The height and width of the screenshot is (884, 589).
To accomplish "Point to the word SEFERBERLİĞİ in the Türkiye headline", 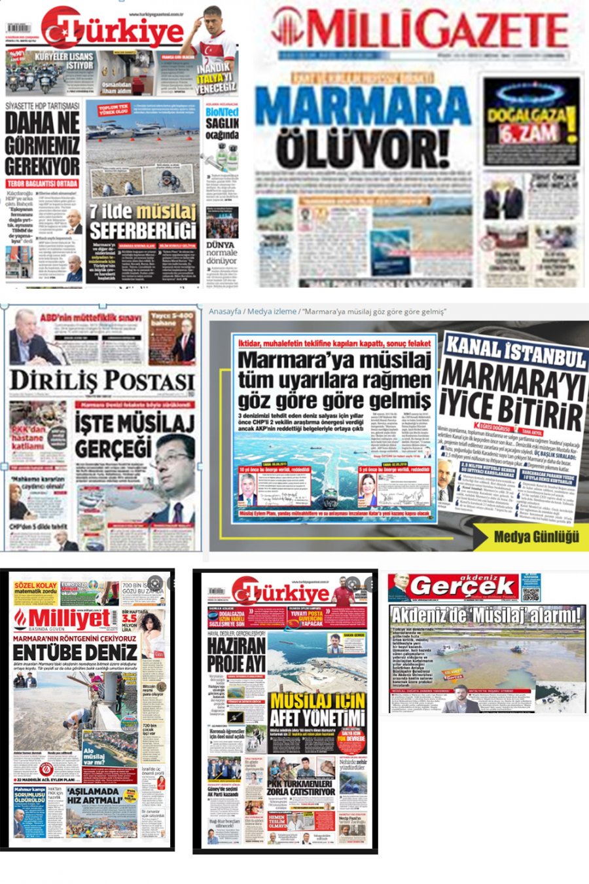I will tap(143, 230).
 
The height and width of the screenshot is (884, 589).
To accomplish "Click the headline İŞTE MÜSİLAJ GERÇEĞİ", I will tap(134, 435).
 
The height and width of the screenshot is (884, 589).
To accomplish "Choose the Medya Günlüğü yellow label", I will tap(536, 536).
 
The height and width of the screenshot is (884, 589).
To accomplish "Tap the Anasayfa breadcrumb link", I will tap(225, 311).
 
